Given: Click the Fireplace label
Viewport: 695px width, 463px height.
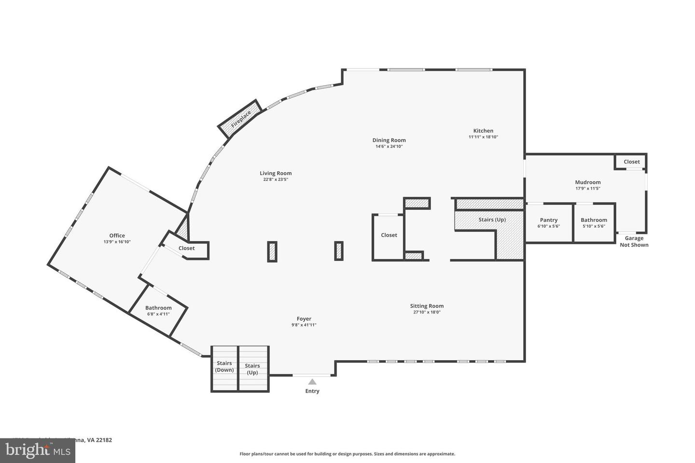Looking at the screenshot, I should click(240, 119).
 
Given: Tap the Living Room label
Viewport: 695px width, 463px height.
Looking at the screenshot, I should click(276, 173).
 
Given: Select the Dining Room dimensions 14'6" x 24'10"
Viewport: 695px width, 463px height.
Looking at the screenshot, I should click(389, 147).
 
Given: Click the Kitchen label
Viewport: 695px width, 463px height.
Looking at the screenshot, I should click(483, 131).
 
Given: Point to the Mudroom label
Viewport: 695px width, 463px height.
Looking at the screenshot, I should click(587, 182).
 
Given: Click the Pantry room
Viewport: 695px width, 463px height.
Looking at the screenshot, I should click(549, 223).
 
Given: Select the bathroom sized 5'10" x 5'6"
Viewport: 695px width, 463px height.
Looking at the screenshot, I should click(594, 223).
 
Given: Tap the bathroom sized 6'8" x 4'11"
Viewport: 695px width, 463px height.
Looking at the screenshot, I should click(158, 311).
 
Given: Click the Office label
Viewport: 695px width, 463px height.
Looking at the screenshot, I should click(117, 236).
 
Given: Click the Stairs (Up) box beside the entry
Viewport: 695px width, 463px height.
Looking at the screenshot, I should click(252, 369).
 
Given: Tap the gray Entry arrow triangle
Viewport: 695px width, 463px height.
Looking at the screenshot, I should click(312, 381).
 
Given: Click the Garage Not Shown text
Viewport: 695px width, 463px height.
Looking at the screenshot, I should click(634, 242).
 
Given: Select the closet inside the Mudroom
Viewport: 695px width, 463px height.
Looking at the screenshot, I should click(631, 162).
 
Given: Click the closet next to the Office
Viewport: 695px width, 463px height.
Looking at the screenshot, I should click(187, 248).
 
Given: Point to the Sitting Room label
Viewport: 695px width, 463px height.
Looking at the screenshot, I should click(427, 306).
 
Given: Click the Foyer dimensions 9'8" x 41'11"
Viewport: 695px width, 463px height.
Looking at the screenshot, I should click(304, 325).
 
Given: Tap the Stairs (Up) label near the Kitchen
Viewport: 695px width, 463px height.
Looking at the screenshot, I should click(492, 220).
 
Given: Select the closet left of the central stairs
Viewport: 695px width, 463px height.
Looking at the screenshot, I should click(389, 235).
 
